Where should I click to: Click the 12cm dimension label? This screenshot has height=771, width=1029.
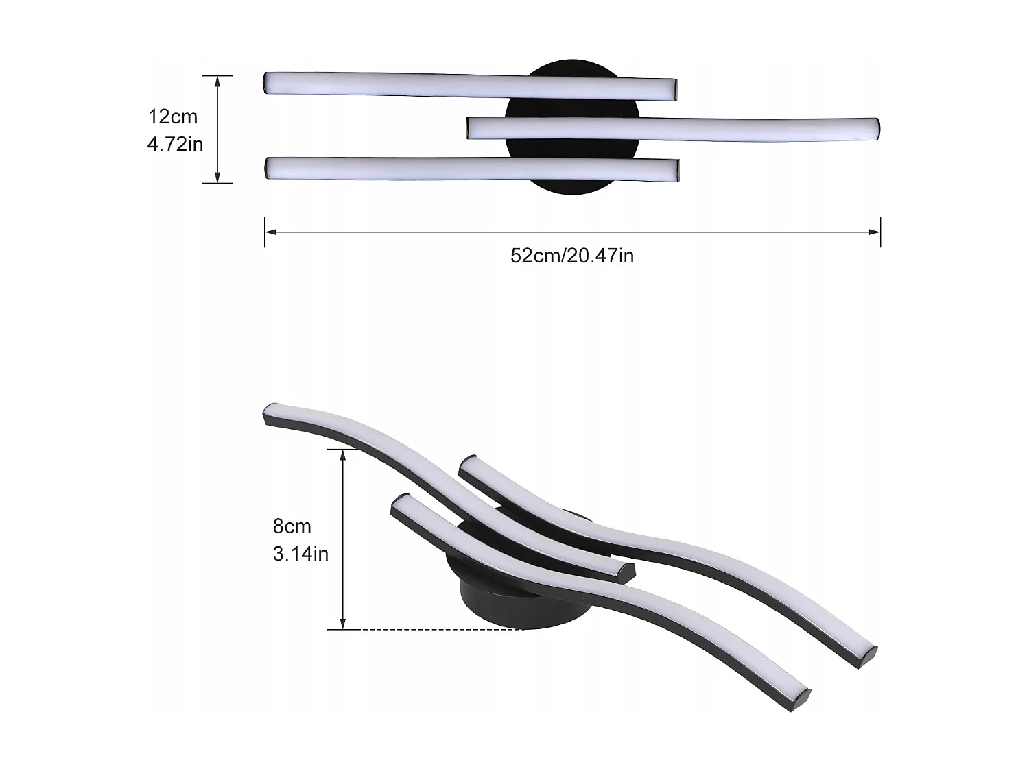click(173, 117)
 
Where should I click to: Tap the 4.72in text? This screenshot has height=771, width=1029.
click(175, 144)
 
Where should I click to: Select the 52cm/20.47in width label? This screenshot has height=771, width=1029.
click(572, 256)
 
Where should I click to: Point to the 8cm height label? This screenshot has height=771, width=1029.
click(292, 526)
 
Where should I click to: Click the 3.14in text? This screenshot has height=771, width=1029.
click(300, 553)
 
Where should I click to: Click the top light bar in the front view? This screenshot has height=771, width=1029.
click(471, 85)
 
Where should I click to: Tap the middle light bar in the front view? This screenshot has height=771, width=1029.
click(672, 128)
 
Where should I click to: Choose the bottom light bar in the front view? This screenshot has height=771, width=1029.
click(472, 168)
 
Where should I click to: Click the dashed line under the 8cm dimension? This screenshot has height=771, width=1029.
click(439, 629)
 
